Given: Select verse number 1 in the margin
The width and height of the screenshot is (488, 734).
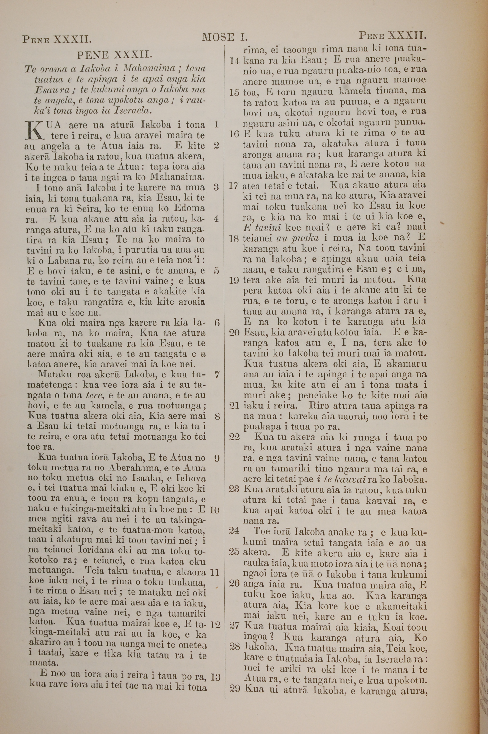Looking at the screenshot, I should coord(217,124).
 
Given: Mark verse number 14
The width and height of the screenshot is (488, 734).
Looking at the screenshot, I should coord(234,60).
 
